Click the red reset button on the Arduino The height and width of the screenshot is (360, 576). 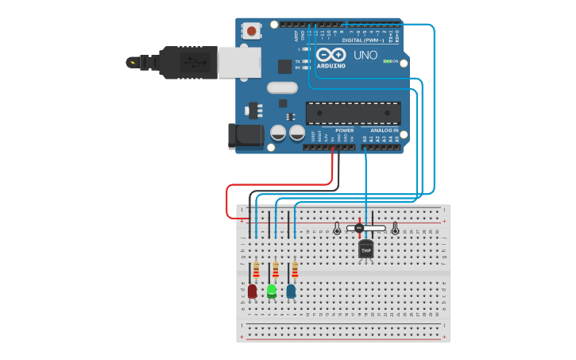[x=252, y=32]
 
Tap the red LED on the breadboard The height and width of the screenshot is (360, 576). [x=253, y=291]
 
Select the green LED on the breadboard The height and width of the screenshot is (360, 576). [x=272, y=291]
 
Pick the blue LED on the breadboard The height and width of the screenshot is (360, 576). [x=291, y=291]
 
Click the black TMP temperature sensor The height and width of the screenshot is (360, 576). [x=366, y=250]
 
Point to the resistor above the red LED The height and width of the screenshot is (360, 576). [x=256, y=270]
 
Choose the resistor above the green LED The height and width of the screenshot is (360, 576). [x=276, y=270]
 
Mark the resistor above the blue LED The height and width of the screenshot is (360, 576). [x=295, y=270]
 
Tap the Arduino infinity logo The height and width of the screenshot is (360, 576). [x=331, y=55]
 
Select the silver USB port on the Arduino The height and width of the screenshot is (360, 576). [x=238, y=62]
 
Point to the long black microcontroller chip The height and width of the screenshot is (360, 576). [x=354, y=113]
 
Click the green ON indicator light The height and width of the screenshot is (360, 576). [x=386, y=61]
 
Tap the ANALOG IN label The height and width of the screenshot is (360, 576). [x=385, y=130]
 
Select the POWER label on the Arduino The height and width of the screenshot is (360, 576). [x=344, y=130]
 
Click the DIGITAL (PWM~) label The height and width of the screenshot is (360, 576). [x=362, y=40]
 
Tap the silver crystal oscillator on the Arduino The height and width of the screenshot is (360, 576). [x=282, y=87]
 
